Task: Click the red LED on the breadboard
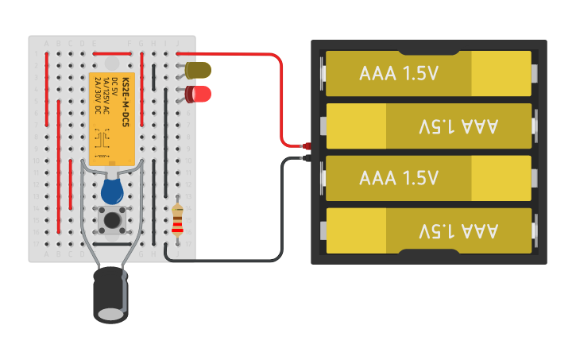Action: [x=199, y=95]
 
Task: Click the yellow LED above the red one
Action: [x=199, y=70]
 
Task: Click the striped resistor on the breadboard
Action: [x=177, y=220]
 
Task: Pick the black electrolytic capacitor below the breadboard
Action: [x=110, y=294]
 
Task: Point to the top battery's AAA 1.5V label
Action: [x=399, y=74]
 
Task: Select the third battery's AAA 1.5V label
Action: [x=399, y=178]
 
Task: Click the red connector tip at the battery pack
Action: [x=305, y=145]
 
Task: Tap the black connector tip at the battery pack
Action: [x=305, y=158]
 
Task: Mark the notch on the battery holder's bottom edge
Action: [x=429, y=253]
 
